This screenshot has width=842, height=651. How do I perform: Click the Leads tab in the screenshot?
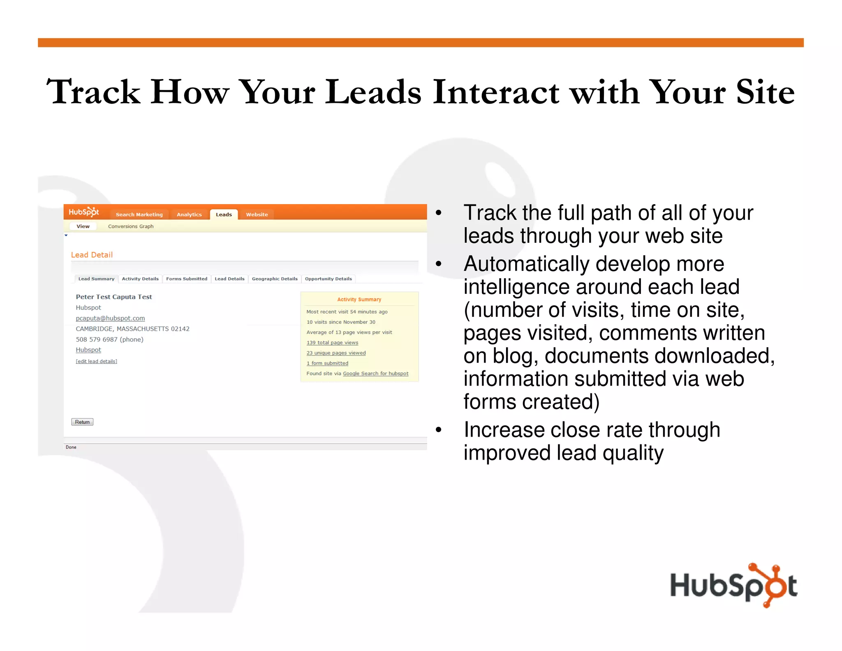pos(224,214)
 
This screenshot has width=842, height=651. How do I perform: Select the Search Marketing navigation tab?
pos(139,214)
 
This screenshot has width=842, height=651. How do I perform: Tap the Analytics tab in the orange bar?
pos(189,214)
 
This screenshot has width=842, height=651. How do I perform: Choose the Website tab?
pos(257,214)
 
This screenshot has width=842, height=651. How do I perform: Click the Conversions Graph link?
pos(130,226)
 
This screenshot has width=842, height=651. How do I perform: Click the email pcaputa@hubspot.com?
pos(110,318)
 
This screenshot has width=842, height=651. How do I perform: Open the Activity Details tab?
pos(140,279)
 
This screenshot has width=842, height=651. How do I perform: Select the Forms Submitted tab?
pos(186,279)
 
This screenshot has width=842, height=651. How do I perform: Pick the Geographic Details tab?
pos(274,279)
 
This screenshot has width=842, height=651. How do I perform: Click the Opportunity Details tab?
pos(328,279)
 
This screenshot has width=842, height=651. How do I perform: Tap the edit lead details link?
pos(96,361)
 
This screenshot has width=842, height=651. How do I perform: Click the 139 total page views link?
pos(332,342)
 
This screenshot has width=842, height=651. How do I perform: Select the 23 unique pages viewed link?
pos(336,353)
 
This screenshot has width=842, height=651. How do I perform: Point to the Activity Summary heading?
pos(359,300)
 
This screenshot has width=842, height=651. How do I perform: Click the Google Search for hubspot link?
pos(375,374)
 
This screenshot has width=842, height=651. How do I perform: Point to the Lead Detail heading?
pos(92,255)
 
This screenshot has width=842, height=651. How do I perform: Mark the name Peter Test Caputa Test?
pos(113,297)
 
